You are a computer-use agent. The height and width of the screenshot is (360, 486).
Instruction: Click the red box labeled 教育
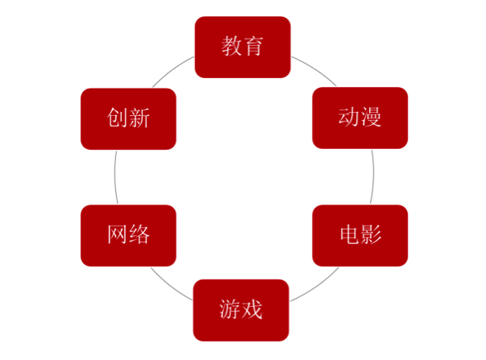[243, 47]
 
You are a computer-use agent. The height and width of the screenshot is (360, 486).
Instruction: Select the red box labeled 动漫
[359, 118]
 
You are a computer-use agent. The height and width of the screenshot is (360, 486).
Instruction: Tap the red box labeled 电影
[359, 235]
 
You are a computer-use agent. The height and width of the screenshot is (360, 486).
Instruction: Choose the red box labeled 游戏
[241, 310]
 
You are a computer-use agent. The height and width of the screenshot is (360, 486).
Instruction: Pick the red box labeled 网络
[128, 235]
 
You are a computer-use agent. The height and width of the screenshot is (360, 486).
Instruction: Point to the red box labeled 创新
[128, 119]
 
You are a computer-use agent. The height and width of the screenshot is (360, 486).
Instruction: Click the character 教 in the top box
[231, 46]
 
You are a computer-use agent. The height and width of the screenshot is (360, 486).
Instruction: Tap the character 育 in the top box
[253, 46]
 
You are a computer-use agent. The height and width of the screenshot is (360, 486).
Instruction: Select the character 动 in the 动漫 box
[349, 117]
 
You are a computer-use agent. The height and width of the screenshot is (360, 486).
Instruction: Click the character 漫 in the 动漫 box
[371, 117]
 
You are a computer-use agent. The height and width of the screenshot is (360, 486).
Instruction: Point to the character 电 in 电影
[350, 234]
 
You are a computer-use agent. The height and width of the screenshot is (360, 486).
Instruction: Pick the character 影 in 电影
[371, 234]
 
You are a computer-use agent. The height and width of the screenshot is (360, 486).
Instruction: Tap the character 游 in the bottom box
[230, 309]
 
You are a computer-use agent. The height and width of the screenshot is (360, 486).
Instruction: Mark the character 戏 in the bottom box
[251, 309]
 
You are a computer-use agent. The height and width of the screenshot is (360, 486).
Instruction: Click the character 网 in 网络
[118, 234]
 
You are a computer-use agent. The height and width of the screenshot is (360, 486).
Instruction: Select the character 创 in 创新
[117, 118]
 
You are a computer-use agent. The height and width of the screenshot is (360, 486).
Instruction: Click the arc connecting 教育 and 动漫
[315, 68]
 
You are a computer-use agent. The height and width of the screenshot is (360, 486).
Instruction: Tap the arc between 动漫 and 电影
[373, 176]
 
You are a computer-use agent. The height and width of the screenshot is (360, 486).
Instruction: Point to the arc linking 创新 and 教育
[172, 70]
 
